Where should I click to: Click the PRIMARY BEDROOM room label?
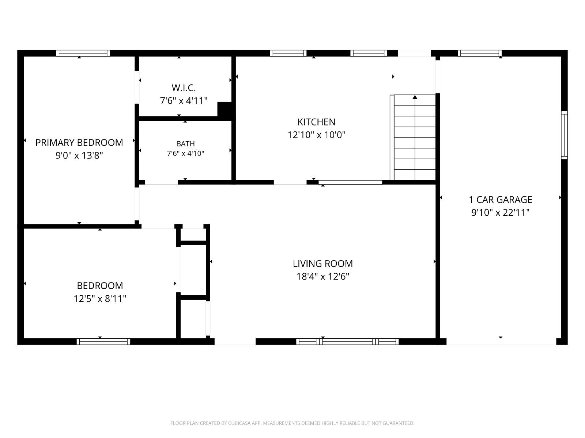79,143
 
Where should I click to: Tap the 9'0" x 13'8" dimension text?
79,155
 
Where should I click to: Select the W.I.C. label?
184,88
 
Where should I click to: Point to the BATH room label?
185,144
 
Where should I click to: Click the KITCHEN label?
316,122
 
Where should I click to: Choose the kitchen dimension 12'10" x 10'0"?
316,135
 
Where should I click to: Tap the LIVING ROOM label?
323,264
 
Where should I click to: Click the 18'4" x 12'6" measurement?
323,277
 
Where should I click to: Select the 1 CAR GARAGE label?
501,200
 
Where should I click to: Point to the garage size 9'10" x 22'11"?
501,213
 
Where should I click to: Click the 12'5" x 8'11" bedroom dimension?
100,299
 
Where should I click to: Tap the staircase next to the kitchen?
412,138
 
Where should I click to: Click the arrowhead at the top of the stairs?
415,97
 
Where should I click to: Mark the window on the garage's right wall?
564,135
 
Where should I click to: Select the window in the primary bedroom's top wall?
83,53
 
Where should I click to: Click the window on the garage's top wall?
480,53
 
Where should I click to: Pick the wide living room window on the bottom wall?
347,342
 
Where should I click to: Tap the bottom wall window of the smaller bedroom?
103,342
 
